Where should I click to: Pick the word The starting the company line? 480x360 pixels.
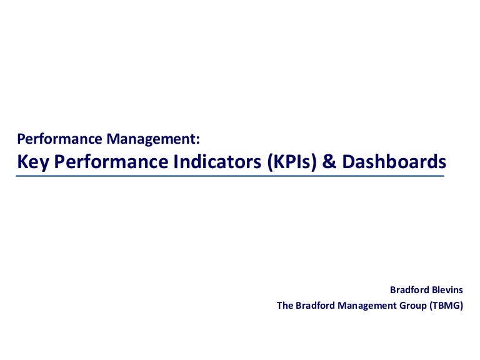coord(284,306)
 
